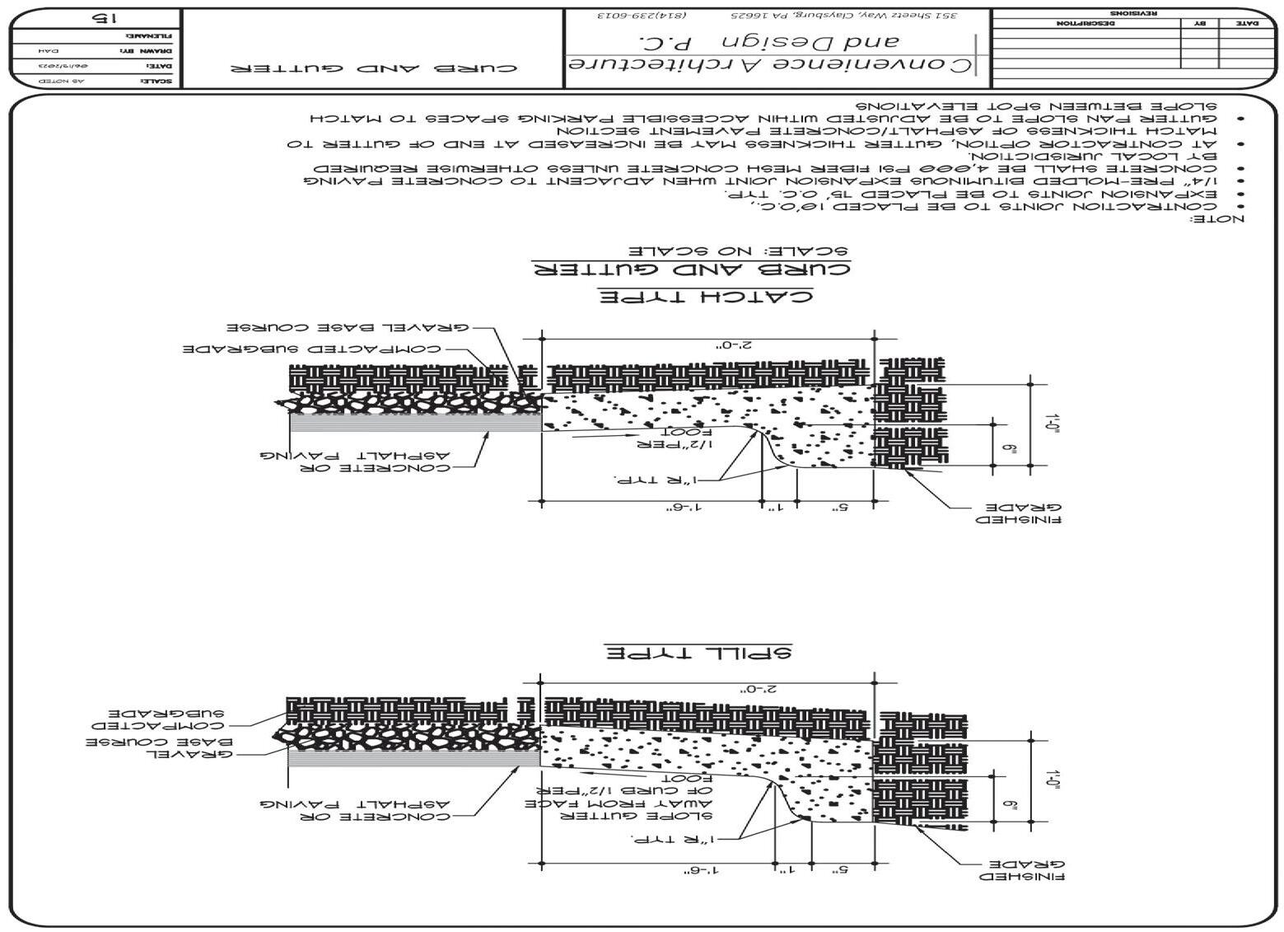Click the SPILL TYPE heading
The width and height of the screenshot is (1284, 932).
(698, 653)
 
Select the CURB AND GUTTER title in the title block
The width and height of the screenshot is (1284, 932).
(374, 67)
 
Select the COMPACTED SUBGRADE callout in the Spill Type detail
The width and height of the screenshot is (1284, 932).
(156, 719)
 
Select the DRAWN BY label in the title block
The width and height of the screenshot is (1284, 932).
(156, 50)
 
